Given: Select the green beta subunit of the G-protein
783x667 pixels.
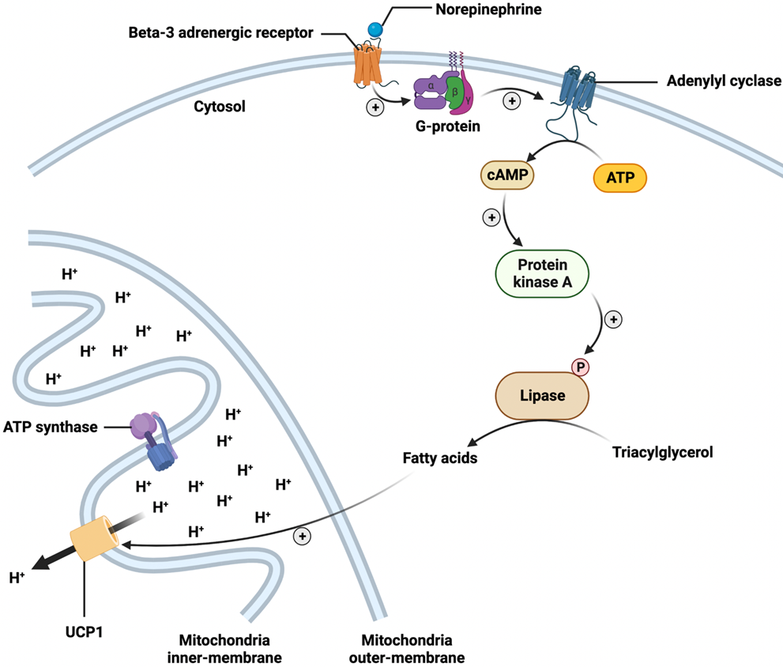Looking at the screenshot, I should coord(454,90).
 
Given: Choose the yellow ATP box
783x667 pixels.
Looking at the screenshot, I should coord(619,177).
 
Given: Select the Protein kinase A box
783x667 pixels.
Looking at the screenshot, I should coord(541,274).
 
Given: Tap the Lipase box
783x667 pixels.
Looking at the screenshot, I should coord(542,395).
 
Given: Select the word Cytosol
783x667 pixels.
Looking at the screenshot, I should coord(216,105).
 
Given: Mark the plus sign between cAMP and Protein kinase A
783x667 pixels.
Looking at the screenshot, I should coord(491,217).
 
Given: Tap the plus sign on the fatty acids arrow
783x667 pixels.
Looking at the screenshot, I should coord(301,537).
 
